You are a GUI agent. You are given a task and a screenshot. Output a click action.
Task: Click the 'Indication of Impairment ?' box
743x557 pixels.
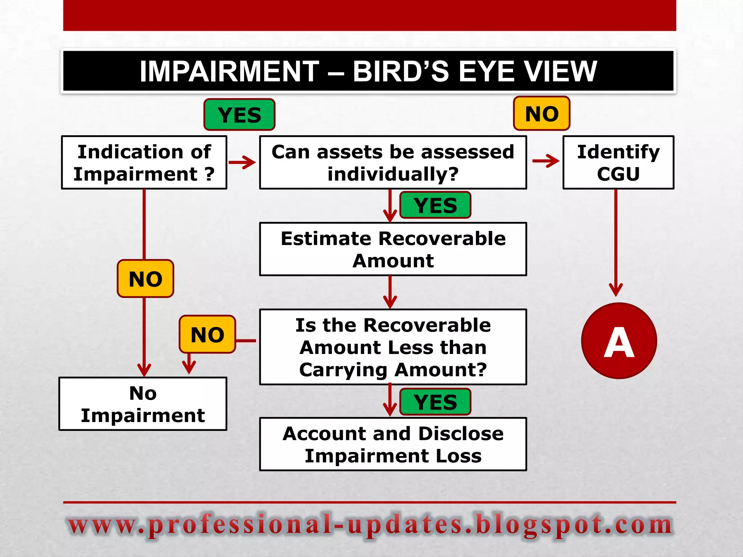144,162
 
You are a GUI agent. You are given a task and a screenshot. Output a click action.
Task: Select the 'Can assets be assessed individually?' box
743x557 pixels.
393,162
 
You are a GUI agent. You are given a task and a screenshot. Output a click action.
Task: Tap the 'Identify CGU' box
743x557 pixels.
618,162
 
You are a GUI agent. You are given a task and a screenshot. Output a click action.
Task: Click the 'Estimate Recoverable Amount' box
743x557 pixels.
393,249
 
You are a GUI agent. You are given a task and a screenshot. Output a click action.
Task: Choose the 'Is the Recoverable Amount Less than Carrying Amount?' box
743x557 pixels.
393,347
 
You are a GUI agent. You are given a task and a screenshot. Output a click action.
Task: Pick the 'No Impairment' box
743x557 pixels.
143,404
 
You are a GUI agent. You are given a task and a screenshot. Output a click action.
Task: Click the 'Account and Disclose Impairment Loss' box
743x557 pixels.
393,444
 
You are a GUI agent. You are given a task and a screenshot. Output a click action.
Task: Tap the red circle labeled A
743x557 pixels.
619,341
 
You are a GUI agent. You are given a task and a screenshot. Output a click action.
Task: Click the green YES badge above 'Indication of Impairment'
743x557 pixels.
239,115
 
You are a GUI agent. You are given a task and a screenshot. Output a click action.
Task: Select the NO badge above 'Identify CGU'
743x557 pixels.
542,114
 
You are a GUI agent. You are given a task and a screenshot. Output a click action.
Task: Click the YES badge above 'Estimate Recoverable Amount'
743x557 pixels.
435,205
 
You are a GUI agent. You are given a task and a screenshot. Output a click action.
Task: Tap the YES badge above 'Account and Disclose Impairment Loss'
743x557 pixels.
435,402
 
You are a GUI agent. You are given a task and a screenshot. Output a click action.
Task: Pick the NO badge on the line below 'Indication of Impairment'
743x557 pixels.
145,279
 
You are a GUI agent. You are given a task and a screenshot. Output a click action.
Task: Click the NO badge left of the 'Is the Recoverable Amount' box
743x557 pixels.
208,334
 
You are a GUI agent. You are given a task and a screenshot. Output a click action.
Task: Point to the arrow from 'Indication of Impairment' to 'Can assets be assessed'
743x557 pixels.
242,162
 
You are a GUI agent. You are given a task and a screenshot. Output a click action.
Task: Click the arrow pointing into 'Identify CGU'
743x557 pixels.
546,161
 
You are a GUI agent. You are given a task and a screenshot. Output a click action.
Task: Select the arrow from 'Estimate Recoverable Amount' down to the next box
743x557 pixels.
390,292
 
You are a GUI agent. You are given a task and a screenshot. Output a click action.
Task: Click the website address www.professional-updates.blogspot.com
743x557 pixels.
370,525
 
